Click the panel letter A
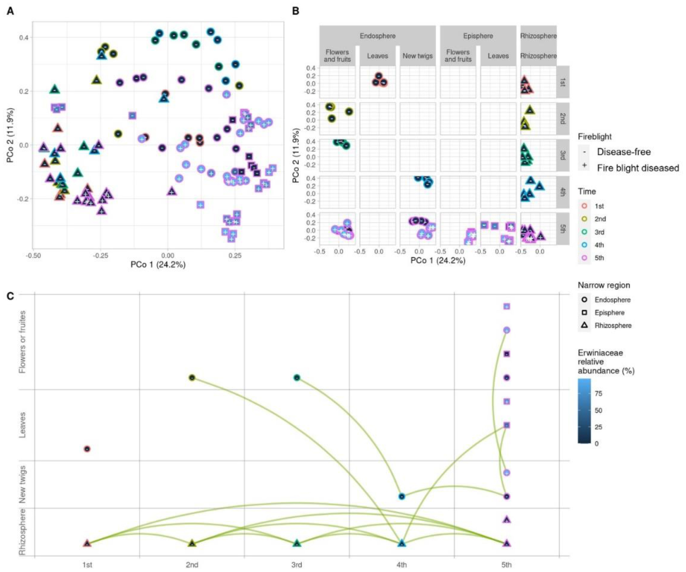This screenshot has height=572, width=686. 10,11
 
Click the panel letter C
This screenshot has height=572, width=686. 10,296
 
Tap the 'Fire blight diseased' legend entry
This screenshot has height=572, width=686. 637,168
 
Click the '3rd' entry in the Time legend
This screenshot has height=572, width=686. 599,232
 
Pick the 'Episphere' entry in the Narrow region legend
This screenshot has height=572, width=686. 609,313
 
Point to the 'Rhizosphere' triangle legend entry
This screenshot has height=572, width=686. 613,326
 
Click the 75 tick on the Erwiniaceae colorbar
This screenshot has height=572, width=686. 598,394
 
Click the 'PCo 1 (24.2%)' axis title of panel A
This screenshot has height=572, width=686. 158,265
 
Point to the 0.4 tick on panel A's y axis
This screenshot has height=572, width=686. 23,38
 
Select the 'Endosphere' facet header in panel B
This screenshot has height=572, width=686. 377,36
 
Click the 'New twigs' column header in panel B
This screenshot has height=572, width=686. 417,56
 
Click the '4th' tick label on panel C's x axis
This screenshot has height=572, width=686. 401,565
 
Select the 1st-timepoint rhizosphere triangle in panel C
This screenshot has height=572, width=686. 87,543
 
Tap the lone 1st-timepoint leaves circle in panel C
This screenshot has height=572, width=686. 87,449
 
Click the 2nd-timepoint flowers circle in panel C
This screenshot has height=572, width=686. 192,378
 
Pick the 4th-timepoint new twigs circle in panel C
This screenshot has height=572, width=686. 401,496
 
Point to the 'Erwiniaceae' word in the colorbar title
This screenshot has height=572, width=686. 600,353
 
